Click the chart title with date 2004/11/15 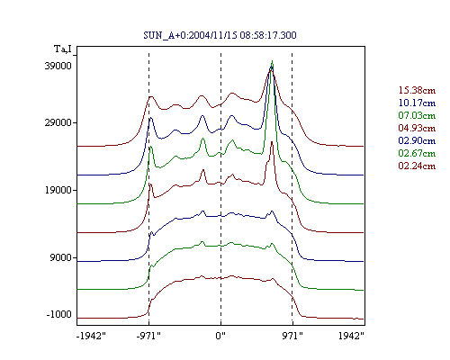[220, 35]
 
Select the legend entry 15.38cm [417, 90]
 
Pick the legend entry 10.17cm [417, 103]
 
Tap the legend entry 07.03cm [417, 115]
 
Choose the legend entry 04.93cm [417, 128]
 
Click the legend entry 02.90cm [417, 140]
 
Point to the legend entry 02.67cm [417, 153]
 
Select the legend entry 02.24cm [417, 166]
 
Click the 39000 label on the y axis [58, 66]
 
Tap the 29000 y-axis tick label [58, 122]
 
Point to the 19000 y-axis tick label [58, 190]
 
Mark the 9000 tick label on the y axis [60, 257]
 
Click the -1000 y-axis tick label [58, 314]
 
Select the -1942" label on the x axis [91, 336]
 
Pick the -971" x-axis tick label [148, 336]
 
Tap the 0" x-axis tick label [220, 336]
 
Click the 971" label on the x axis [292, 336]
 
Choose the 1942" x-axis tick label [351, 336]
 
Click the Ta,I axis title [63, 49]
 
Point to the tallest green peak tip [272, 60]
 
